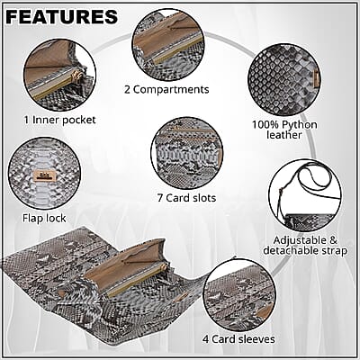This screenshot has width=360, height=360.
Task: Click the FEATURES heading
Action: coord(61,17)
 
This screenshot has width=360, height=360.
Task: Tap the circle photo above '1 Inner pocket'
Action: coord(60,76)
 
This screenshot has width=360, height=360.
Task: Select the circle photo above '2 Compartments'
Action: coord(168,44)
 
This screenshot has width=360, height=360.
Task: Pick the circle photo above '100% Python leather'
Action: coord(284,80)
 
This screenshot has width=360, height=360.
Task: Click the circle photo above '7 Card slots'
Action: coord(187,153)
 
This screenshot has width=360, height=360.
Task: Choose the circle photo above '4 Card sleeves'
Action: coord(239,297)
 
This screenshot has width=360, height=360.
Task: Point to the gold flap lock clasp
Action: coord(45,175)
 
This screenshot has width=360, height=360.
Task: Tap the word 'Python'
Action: coord(297,125)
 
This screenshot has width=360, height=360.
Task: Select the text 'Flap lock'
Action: coord(44,218)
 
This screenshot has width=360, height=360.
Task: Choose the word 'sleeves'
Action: coord(256,339)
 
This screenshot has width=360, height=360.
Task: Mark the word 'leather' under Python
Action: coord(284,135)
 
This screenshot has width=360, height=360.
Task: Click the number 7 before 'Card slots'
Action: coord(160,198)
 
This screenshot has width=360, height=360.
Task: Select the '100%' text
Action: coord(263,124)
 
